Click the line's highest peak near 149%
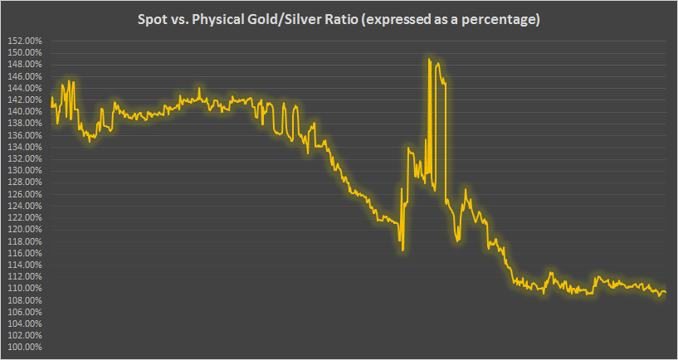(x=429, y=59)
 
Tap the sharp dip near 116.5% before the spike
(x=402, y=249)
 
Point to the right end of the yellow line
(x=666, y=292)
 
